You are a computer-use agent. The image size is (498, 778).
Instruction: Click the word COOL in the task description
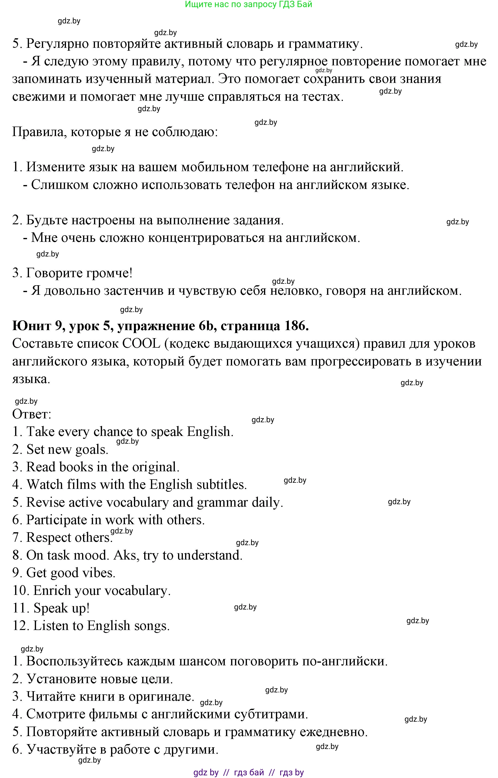141,344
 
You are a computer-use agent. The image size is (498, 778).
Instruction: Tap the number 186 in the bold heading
296,326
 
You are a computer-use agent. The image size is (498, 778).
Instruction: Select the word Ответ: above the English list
32,414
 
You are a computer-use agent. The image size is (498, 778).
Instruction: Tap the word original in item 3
159,467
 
